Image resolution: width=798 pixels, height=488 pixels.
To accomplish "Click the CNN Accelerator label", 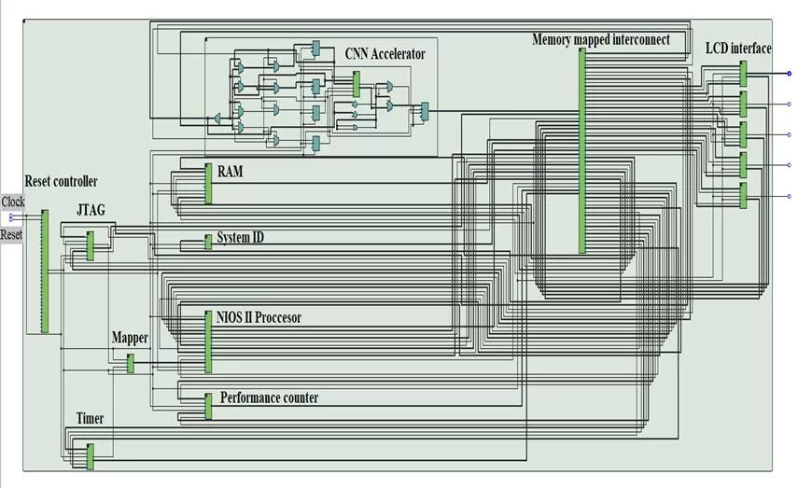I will tap(385, 54).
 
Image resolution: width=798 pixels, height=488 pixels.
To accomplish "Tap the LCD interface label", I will tap(738, 48).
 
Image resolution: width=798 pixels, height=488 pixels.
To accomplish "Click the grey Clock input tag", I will tap(13, 202).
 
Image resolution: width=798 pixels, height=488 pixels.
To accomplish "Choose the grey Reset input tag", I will tap(11, 235).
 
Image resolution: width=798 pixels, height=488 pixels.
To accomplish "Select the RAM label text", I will tap(230, 172).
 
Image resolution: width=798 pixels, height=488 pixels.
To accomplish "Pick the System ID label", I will tap(240, 238).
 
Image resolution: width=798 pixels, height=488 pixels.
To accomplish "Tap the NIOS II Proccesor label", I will tap(259, 317).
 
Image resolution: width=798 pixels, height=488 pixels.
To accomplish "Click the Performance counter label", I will tap(269, 398).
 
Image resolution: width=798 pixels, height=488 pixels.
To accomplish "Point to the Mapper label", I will tap(130, 337).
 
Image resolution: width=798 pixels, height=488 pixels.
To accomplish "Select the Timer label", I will tap(91, 418).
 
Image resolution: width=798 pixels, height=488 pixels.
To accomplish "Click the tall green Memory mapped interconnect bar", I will tap(582, 149).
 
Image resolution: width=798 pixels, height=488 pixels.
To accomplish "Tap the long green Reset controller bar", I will tap(43, 271).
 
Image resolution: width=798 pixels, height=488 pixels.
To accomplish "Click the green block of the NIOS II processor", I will tap(208, 342).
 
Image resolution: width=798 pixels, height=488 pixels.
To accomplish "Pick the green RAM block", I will tap(209, 183).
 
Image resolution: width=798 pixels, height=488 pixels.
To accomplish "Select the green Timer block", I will tap(91, 456).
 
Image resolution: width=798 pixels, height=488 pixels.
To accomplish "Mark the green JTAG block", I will tap(91, 245).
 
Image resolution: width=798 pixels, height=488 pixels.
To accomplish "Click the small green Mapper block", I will tap(131, 363).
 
